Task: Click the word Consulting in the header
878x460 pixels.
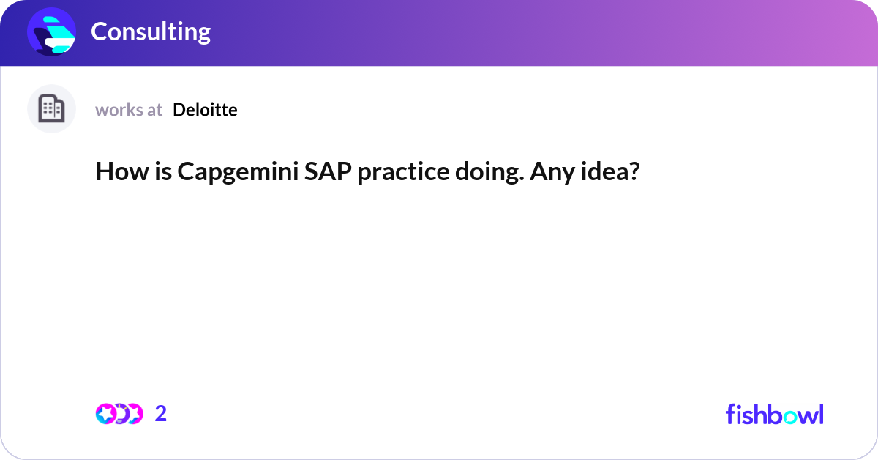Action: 151,31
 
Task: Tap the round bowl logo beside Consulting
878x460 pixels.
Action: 52,31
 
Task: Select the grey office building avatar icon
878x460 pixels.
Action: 51,109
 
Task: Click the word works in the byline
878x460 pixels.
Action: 119,110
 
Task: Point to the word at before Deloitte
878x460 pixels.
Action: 154,110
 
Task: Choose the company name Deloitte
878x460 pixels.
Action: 205,110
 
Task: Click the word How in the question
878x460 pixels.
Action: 118,172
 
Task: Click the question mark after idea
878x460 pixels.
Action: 634,172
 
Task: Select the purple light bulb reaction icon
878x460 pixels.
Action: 120,414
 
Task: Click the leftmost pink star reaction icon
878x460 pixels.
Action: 105,414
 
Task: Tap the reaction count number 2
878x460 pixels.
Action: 161,414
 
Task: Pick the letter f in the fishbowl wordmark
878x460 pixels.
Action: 731,414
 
